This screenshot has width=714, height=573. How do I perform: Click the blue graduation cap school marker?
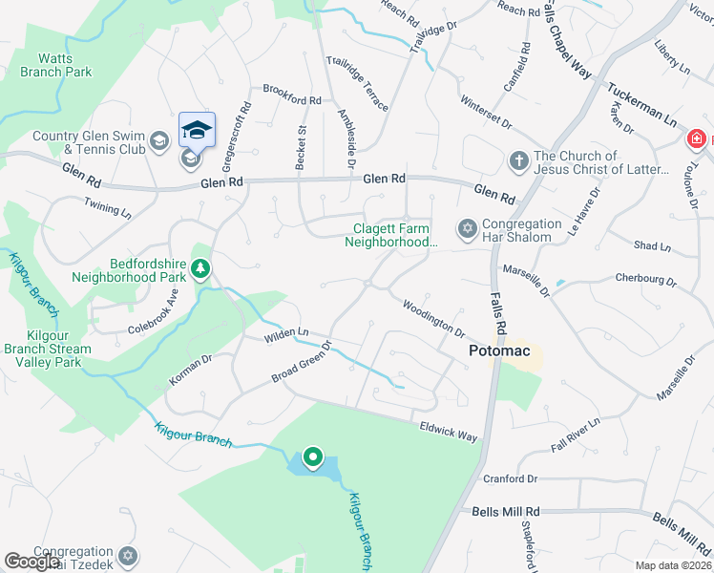198,130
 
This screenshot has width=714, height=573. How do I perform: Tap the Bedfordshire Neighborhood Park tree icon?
200,269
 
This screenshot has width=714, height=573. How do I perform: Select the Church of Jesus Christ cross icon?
518,159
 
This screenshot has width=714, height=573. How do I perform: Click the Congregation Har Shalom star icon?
467,227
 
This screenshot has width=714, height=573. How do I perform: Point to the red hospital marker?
698,140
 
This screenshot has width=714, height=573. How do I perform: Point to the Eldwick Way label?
448,432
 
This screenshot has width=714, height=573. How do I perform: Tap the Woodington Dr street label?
433,317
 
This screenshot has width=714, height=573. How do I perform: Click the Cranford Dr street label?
512,478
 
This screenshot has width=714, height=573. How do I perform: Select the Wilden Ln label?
287,335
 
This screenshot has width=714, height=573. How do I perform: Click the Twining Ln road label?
107,208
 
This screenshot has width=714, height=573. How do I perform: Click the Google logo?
31,562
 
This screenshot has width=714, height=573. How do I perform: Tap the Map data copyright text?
672,565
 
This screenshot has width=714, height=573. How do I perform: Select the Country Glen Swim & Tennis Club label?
89,142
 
